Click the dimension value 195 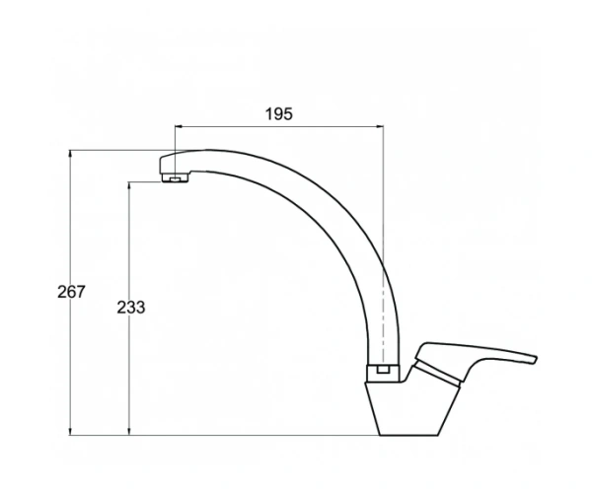coord(278,114)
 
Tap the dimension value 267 coord(71,292)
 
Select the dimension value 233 coord(130,308)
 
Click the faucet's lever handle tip coord(535,359)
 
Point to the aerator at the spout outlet coord(176,177)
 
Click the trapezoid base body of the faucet coord(411,409)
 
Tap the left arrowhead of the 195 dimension coord(179,127)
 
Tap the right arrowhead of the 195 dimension coord(380,127)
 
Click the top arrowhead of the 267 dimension coord(70,154)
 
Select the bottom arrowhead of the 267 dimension coord(70,432)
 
